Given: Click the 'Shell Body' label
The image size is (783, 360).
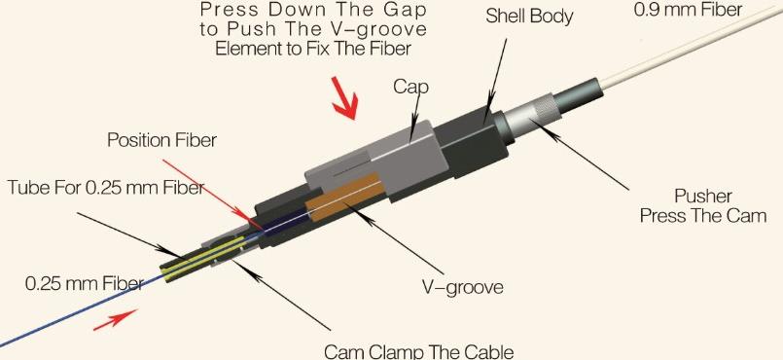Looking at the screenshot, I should [533, 17].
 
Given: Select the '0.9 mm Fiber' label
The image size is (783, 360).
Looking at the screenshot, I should [688, 11].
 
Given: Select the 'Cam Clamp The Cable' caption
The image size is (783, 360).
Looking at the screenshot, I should [418, 350].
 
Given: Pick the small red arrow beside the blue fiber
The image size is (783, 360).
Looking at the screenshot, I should [114, 320].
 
